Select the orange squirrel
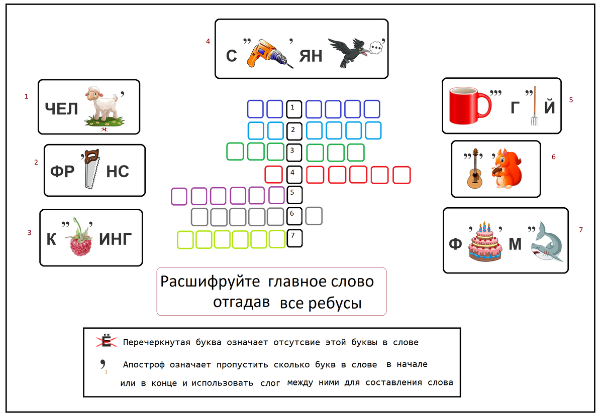tap(506, 169)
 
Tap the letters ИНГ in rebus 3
tap(116, 239)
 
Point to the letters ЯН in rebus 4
tap(310, 55)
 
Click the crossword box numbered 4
tap(294, 175)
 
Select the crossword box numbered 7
tap(294, 239)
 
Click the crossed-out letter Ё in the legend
tap(106, 342)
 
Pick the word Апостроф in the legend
tap(145, 364)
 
